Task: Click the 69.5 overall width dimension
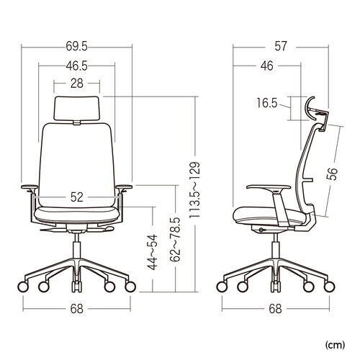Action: point(77,46)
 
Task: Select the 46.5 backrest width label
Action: point(77,66)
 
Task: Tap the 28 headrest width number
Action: point(77,84)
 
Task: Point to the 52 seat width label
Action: point(77,197)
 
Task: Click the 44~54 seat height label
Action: point(153,252)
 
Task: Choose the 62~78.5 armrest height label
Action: point(175,239)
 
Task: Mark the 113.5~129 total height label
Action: point(194,190)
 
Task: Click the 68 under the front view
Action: point(77,309)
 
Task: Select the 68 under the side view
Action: point(276,309)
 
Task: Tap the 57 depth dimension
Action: point(281,46)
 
